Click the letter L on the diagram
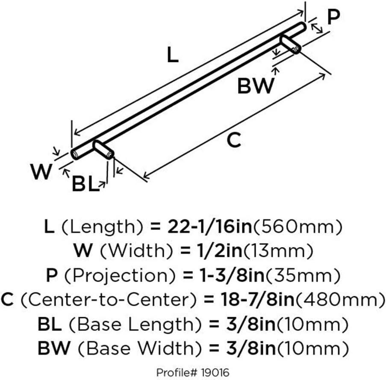pos(172,56)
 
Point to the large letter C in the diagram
pos(234,140)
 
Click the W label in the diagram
pos(41,172)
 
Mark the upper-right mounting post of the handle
pos(290,44)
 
